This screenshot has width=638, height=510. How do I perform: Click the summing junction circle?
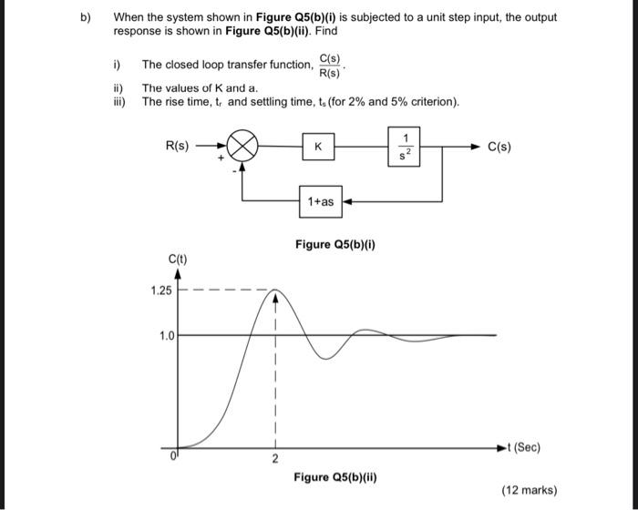tap(243, 146)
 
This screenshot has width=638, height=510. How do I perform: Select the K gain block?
tap(317, 146)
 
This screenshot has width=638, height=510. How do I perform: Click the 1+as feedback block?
tap(321, 201)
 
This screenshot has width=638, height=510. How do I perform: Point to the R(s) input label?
tap(177, 145)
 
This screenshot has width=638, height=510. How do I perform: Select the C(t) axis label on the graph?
tap(178, 260)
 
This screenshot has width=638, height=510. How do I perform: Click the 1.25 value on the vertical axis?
tap(162, 291)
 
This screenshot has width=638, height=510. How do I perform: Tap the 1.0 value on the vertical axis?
tap(166, 335)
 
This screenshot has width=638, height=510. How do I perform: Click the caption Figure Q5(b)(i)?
tap(335, 244)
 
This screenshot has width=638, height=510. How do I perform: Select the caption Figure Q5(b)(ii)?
tap(335, 476)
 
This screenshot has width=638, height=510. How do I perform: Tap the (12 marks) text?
tap(529, 489)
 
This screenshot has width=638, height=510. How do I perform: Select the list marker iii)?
tap(119, 101)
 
